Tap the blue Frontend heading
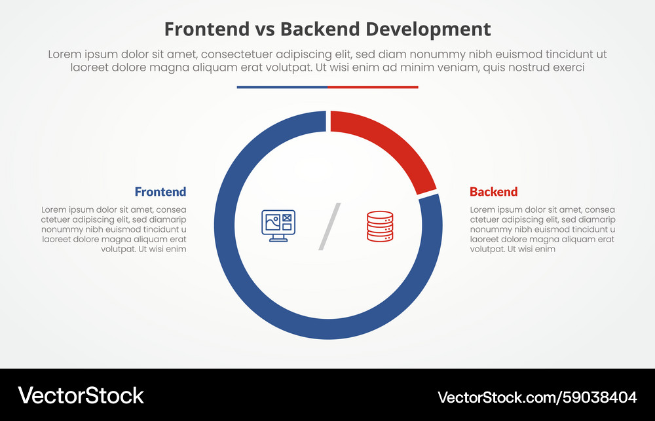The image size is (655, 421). coord(160,192)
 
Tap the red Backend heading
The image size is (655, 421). coord(493,192)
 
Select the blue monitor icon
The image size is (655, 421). coord(278,225)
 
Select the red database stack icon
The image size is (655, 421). coord(380,226)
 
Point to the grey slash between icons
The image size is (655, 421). coord(329,227)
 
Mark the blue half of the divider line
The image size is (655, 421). coord(282,86)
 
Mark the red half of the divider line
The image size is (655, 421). coord(373,86)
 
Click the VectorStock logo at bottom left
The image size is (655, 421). coord(81,395)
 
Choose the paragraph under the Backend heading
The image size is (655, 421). coord(542,229)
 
